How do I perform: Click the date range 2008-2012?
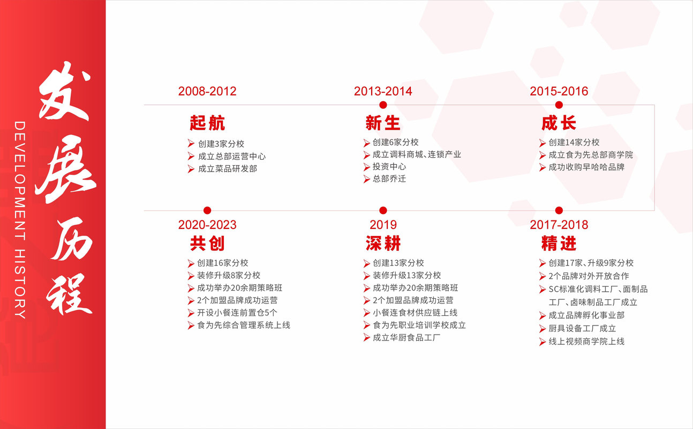[207, 91]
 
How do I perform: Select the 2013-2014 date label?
[383, 91]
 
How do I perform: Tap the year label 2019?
[383, 225]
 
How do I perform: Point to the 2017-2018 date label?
[559, 225]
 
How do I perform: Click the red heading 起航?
[207, 123]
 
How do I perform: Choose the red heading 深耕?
[383, 243]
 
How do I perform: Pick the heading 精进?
[559, 243]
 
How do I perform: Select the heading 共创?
[207, 243]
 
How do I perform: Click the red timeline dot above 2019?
[383, 211]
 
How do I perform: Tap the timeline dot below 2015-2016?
[559, 105]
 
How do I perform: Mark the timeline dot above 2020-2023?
[207, 211]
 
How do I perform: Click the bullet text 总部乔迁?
[389, 179]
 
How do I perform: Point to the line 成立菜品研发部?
[228, 168]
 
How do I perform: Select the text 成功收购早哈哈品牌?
[586, 167]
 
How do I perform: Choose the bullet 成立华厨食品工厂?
[406, 337]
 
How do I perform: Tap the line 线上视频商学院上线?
[586, 341]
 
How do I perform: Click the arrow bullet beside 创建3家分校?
[191, 143]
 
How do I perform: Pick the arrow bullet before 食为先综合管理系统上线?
[191, 326]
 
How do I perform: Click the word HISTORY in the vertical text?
[20, 284]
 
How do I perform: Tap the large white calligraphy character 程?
[69, 294]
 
